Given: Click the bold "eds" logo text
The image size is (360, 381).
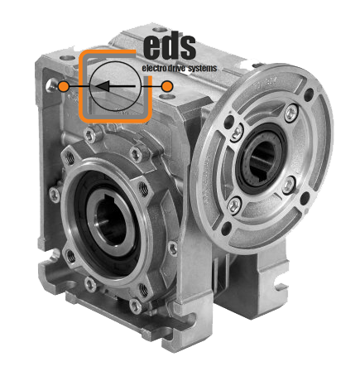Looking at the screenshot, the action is point(170,47).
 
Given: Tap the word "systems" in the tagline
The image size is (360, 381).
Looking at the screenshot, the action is point(203,69).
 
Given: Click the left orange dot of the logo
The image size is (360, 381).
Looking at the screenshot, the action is point(64,86).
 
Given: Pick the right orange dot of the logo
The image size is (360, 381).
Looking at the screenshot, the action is point(167,86).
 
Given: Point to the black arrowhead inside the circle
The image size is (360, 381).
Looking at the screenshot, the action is point(103,86).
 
